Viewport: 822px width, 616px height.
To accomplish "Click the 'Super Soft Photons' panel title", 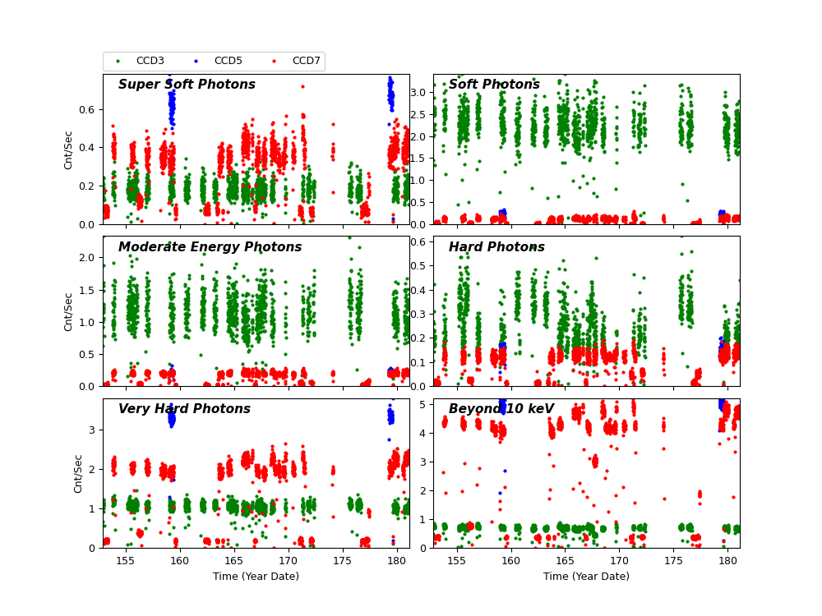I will point(187,85).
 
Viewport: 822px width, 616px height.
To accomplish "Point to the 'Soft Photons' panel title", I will point(494,85).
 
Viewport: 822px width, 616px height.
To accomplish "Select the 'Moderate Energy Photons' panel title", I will point(210,247).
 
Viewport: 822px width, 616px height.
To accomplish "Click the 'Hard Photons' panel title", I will point(496,247).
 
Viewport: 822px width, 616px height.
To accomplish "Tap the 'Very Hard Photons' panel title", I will point(184,409).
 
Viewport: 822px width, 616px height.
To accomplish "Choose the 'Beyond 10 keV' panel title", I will point(501,409).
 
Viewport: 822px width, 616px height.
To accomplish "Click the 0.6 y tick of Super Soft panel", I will point(90,109).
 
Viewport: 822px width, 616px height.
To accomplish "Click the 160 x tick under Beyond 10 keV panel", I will point(510,560).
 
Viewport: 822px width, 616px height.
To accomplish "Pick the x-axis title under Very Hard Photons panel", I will point(256,577).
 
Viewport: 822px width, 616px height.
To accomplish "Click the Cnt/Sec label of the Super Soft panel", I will point(69,149).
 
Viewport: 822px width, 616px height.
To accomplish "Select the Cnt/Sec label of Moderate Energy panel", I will point(69,311).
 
